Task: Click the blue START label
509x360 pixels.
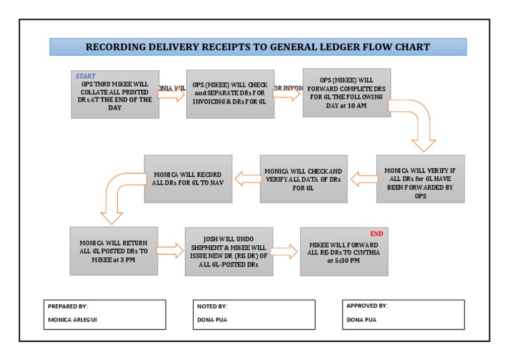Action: coord(85,76)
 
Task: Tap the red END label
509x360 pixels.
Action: coord(376,233)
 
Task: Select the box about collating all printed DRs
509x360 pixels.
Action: coord(115,94)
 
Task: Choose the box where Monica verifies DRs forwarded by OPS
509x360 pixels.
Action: coord(420,178)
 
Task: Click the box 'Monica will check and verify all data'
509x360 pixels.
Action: coord(304,178)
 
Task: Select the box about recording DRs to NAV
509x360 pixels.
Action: coord(188,178)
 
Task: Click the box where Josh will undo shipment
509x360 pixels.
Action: coord(229,250)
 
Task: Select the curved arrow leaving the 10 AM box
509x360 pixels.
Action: coord(418,123)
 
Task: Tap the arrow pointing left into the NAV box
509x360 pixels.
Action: coord(246,178)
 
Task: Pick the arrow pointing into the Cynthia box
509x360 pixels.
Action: coord(285,251)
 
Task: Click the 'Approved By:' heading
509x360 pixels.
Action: coord(367,306)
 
